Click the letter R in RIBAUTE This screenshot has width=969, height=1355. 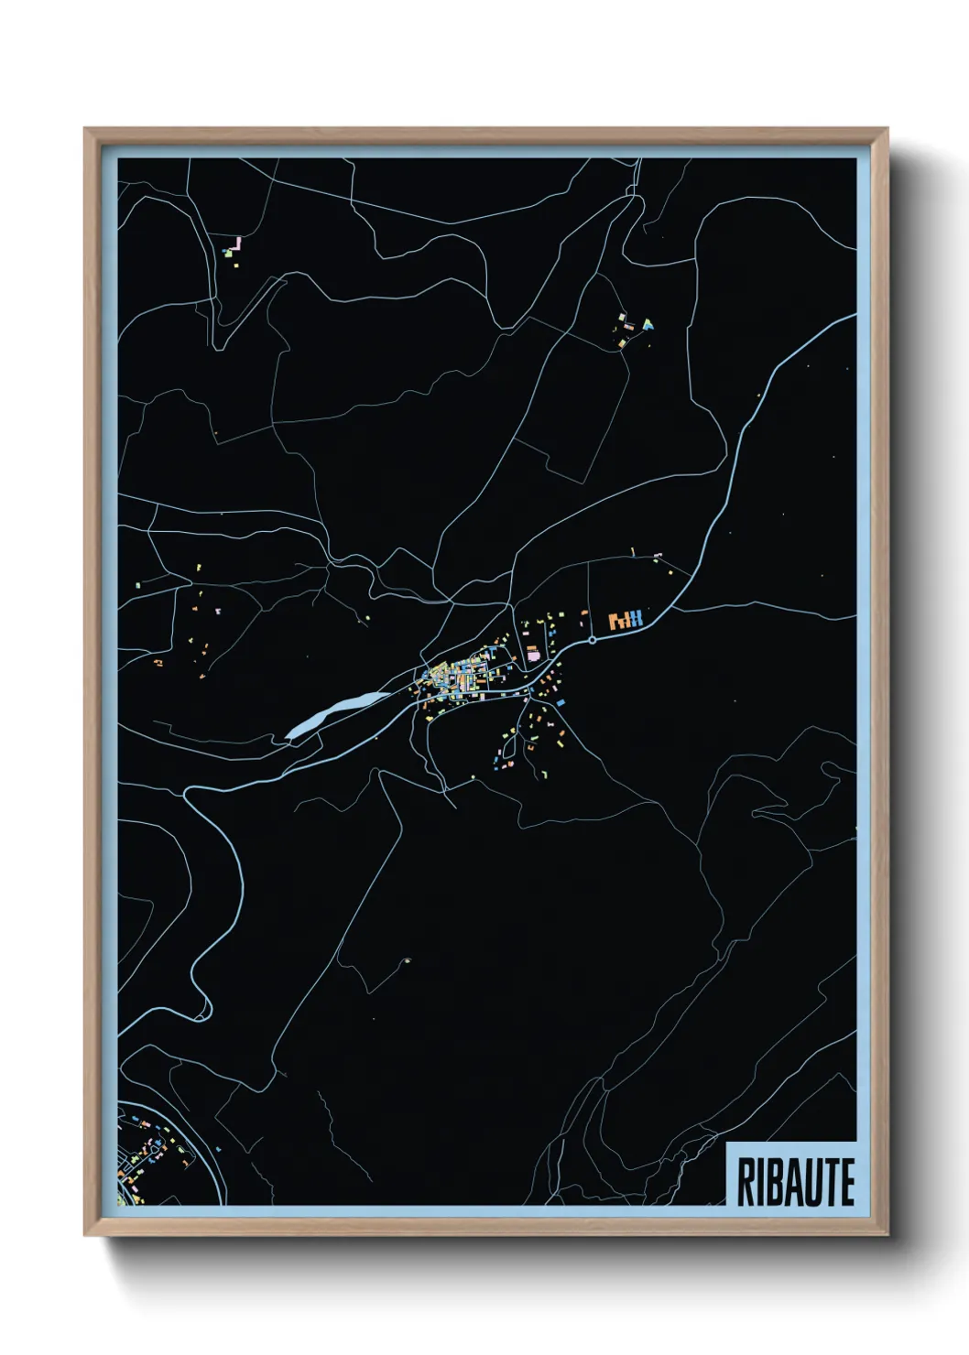point(746,1182)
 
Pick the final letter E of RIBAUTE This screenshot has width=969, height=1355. point(847,1182)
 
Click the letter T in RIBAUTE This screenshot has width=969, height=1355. point(830,1182)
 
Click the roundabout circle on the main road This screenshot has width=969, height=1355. point(593,640)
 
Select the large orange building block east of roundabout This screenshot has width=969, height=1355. point(617,621)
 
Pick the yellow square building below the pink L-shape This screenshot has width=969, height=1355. point(233,265)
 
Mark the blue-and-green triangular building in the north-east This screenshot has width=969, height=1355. point(648,323)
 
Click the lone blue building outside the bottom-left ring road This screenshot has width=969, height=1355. point(219,1150)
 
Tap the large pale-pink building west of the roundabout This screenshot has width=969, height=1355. point(533,655)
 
